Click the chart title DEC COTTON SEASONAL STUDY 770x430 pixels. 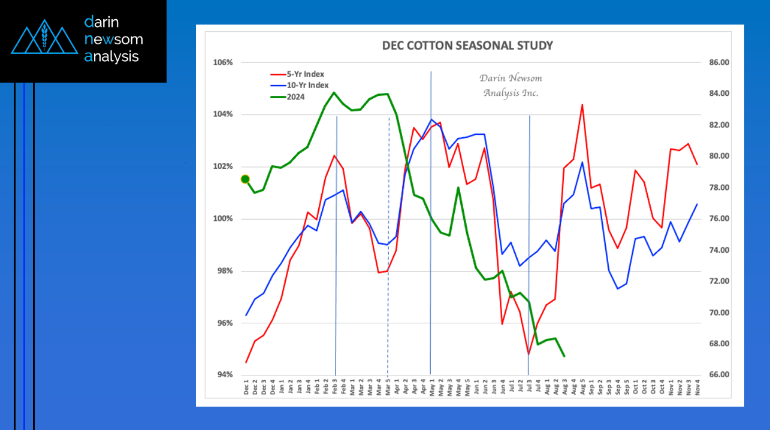coord(467,46)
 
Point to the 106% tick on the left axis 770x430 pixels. coord(225,62)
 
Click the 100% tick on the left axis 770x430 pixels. coord(225,219)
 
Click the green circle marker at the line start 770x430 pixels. coord(245,179)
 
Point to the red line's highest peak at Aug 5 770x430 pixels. coord(582,105)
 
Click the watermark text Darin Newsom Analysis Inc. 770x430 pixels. coord(511,86)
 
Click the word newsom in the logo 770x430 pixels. coord(114,40)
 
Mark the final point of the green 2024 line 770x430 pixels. coord(564,356)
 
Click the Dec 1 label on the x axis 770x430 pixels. coord(246,386)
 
